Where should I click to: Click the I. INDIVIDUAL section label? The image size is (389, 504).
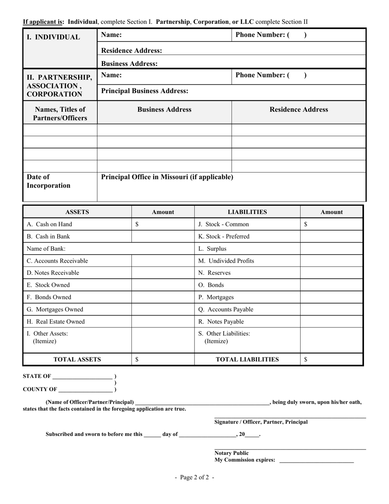click(53, 37)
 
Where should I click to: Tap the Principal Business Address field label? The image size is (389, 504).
click(145, 91)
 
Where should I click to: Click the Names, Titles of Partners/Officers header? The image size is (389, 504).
click(60, 114)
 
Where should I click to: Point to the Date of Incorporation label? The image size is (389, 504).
click(48, 181)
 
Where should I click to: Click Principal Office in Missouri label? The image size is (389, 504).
click(167, 177)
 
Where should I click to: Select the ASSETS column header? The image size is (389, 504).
click(77, 212)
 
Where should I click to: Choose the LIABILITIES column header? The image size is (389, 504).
click(247, 212)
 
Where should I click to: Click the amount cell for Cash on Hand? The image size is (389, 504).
click(163, 224)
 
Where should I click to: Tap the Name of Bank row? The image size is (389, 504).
click(108, 249)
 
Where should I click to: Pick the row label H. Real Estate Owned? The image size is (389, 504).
click(56, 322)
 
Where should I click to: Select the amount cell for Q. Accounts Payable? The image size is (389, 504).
click(331, 309)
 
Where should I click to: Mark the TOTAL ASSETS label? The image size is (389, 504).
click(77, 359)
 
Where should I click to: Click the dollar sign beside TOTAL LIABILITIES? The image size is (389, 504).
click(306, 359)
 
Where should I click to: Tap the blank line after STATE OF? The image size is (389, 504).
click(82, 376)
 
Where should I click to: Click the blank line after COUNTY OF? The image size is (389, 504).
click(85, 389)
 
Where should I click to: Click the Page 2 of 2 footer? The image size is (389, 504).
click(194, 477)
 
